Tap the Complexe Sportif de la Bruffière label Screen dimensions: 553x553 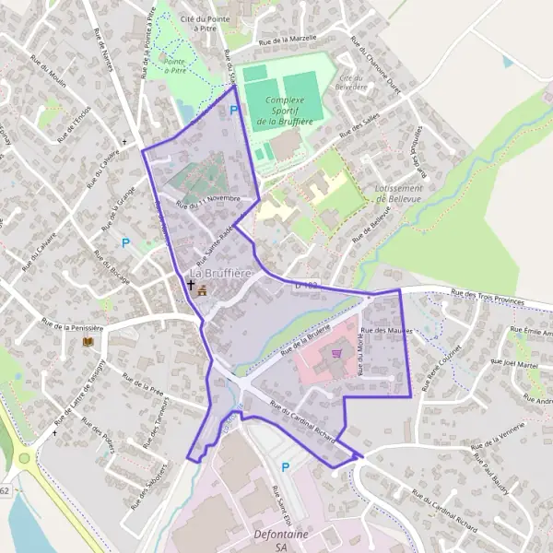283,110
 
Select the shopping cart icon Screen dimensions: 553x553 336,352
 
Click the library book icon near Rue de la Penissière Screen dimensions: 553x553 88,342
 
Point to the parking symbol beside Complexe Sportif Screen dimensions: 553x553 234,110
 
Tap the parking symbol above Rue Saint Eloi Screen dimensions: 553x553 285,467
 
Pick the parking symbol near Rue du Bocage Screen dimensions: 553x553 125,243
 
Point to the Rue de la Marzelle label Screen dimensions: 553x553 288,40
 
